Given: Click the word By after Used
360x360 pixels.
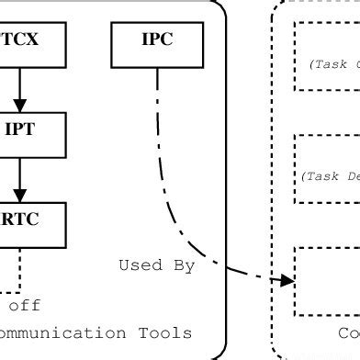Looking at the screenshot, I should coord(184,265).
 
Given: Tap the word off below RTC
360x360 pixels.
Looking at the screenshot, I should coord(24,305).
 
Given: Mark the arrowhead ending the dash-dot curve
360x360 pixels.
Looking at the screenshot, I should coord(287,279).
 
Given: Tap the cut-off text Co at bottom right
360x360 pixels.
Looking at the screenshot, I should coord(348,332).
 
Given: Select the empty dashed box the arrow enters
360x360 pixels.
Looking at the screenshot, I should coord(327,280).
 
